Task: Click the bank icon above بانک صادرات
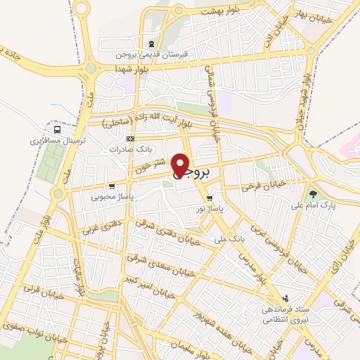click(x=129, y=139)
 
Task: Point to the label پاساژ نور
click(x=210, y=209)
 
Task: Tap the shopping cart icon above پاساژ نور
click(x=210, y=198)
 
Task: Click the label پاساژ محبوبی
click(x=111, y=197)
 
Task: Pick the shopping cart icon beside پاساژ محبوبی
click(x=137, y=196)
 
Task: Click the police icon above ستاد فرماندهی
click(x=285, y=298)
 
